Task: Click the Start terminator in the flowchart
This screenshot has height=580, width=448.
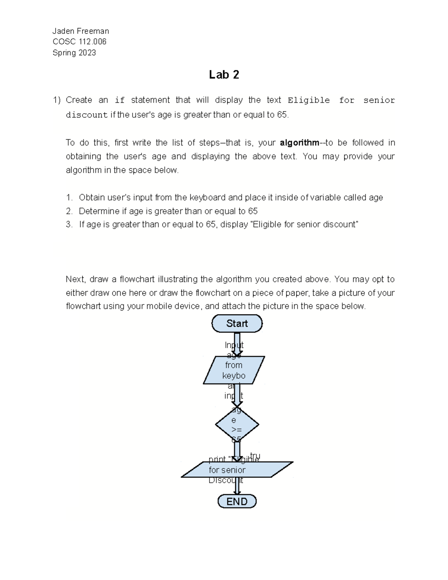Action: pos(237,323)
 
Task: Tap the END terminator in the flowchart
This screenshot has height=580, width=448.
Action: pos(237,501)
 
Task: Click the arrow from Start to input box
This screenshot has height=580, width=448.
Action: pos(237,344)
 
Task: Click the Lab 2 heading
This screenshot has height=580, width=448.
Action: pos(224,75)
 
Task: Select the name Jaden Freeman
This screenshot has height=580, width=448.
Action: pos(81,31)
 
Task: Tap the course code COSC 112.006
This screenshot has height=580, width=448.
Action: pos(80,42)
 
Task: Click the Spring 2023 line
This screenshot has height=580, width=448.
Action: pos(74,53)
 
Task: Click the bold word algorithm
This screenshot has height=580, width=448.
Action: pos(299,143)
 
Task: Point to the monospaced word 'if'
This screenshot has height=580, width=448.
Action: pos(119,100)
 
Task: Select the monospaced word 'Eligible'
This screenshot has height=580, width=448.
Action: pos(309,100)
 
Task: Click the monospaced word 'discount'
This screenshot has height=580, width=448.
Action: pos(87,115)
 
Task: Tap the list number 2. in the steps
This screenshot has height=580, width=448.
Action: pos(69,211)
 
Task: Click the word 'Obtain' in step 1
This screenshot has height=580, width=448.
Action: pos(92,197)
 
